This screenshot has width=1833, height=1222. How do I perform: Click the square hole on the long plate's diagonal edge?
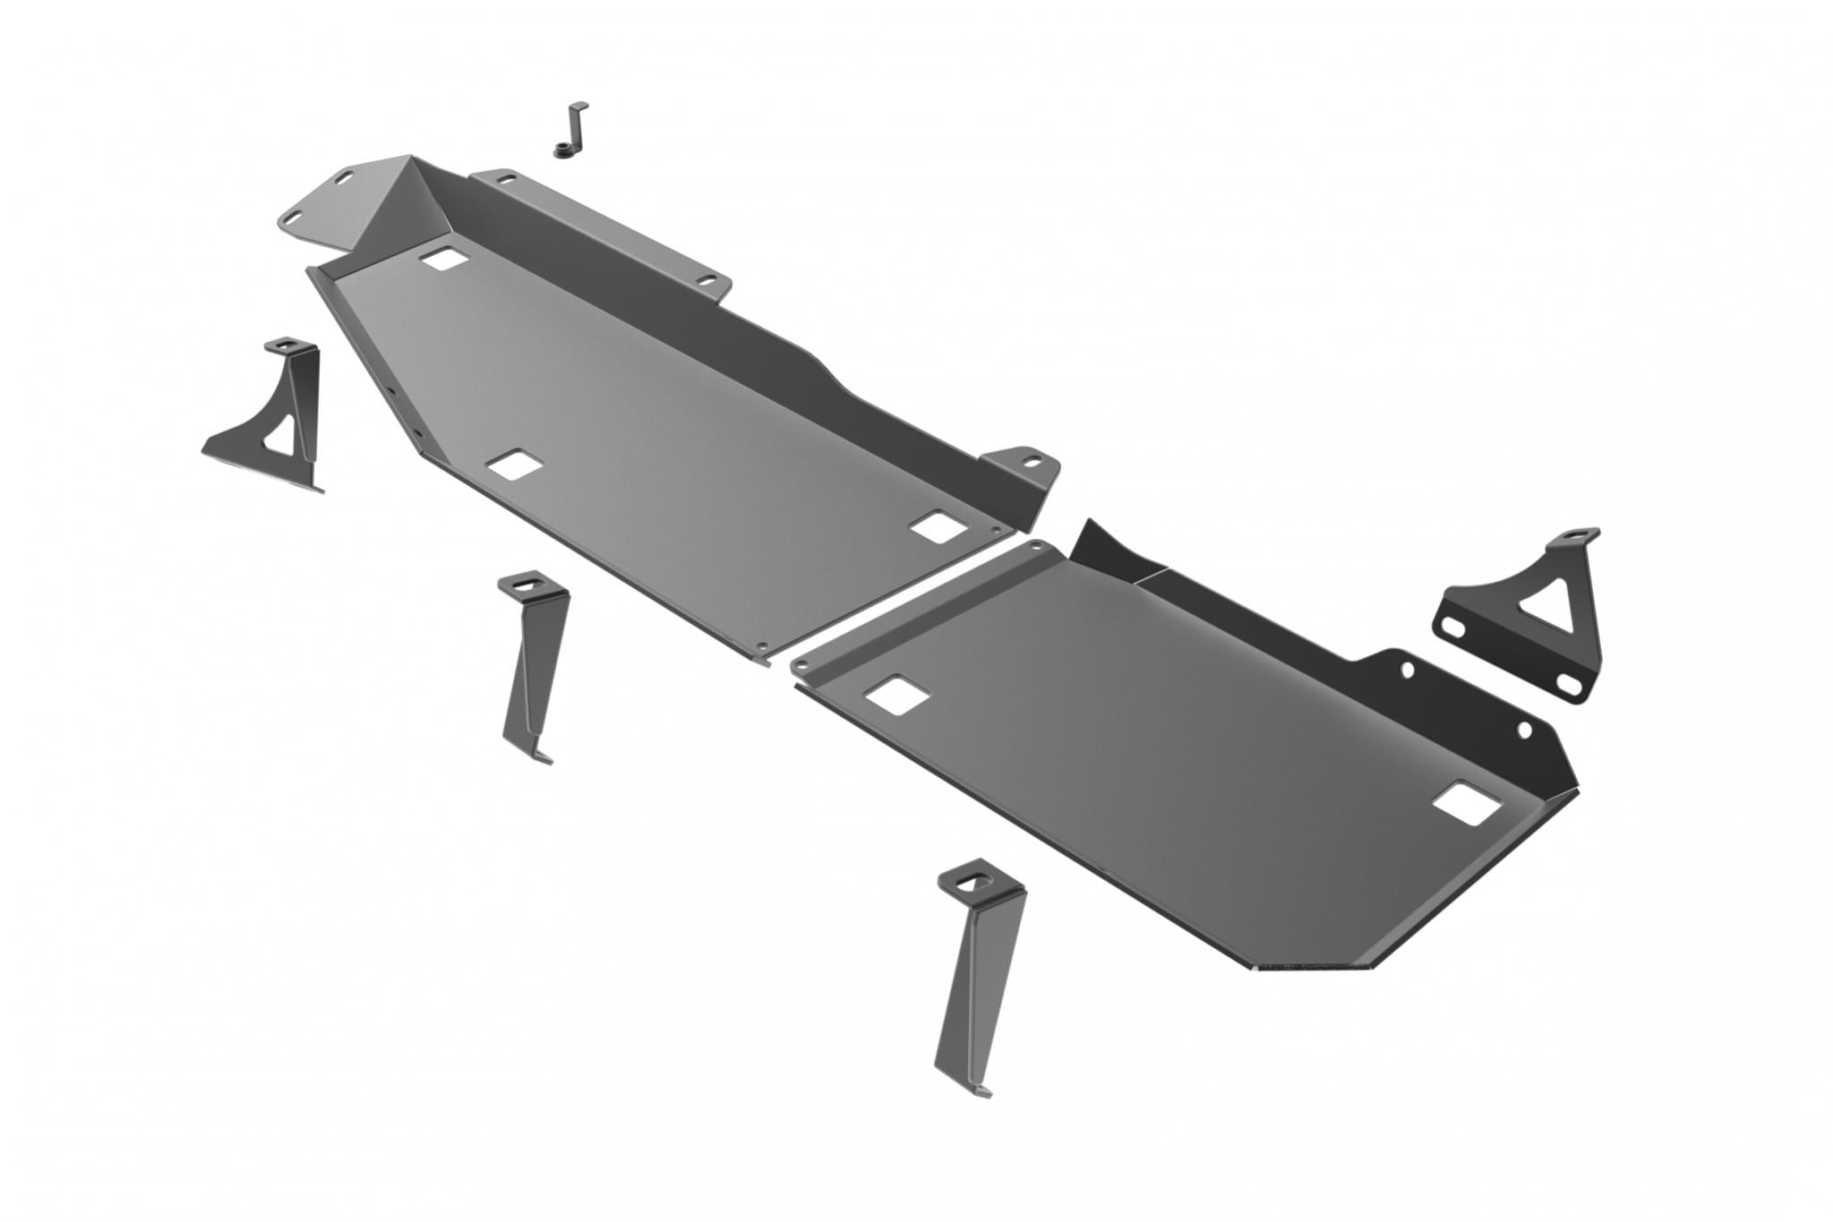pyautogui.click(x=509, y=465)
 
